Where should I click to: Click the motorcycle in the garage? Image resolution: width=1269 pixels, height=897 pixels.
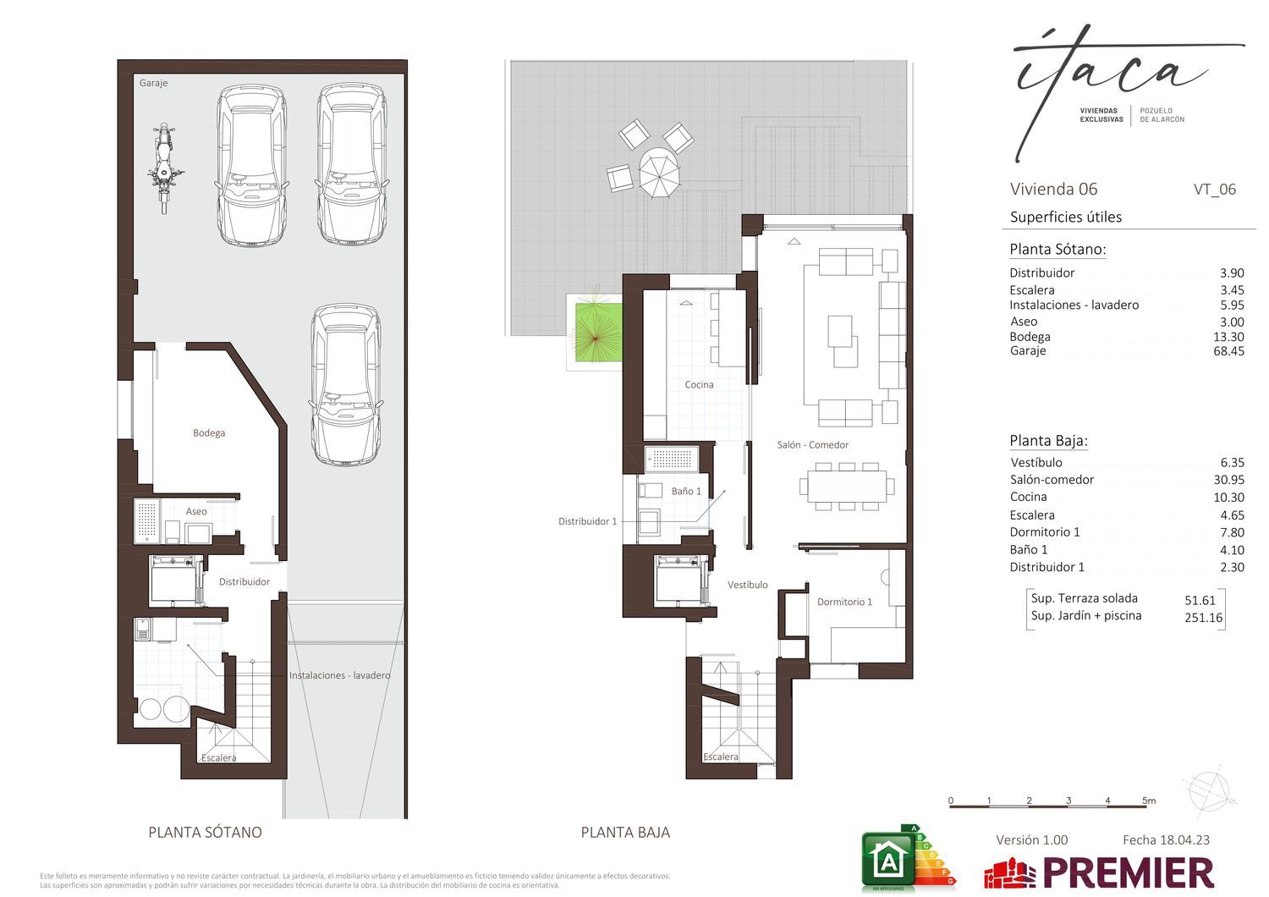coord(165,168)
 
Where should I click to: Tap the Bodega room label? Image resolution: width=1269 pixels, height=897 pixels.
coord(208,433)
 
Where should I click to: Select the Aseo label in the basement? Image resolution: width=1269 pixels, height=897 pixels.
coord(196,511)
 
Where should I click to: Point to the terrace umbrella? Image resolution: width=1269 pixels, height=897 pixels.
coord(659,173)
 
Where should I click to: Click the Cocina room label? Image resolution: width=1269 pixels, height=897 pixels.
coord(699,385)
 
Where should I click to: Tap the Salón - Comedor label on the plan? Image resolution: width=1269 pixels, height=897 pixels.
coord(812,445)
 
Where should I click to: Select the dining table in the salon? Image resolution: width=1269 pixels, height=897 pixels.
coord(847,487)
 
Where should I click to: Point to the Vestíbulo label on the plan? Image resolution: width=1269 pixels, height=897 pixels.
coord(747,585)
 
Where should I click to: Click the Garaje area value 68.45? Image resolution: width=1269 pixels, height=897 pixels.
coord(1228,350)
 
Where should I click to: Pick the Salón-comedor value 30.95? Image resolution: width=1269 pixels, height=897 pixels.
coord(1228,479)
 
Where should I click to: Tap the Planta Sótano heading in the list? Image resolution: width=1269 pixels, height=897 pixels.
coord(1057,250)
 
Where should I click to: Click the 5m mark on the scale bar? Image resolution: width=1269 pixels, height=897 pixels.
coord(1149,801)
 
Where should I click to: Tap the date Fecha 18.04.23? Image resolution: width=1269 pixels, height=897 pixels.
coord(1166,839)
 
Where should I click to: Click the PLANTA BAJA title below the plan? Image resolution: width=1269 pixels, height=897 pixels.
coord(625,833)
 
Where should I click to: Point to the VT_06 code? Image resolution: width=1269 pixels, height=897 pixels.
coord(1215,190)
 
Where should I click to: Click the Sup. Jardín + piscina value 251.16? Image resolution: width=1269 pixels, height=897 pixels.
coord(1203,618)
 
